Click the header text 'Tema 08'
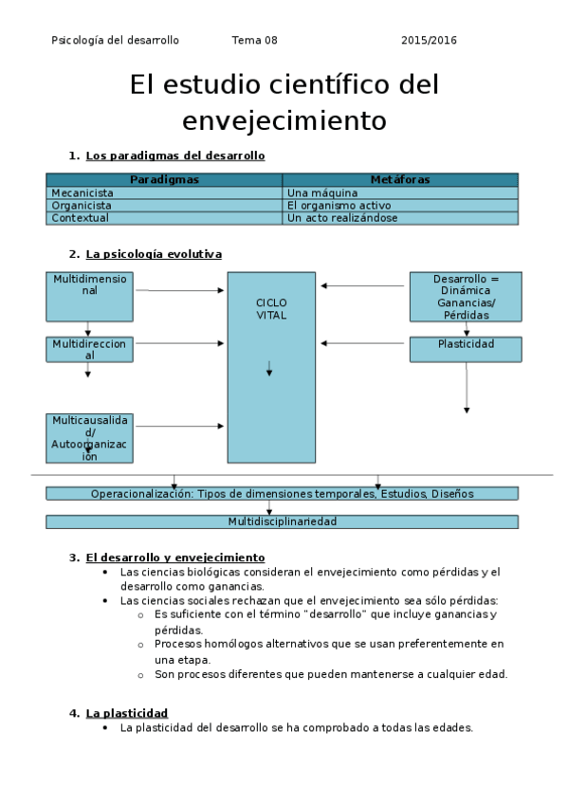pyautogui.click(x=254, y=40)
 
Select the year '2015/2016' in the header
pyautogui.click(x=429, y=40)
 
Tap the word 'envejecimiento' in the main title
pyautogui.click(x=284, y=120)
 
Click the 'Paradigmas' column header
pyautogui.click(x=164, y=179)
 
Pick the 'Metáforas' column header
pyautogui.click(x=400, y=179)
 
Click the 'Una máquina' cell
pyautogui.click(x=321, y=192)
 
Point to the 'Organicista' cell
pyautogui.click(x=82, y=205)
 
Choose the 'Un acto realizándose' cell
pyautogui.click(x=341, y=217)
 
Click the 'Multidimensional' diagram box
pyautogui.click(x=90, y=296)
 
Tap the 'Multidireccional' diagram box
pyautogui.click(x=89, y=349)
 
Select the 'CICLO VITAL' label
pyautogui.click(x=271, y=308)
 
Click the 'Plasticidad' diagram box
pyautogui.click(x=466, y=349)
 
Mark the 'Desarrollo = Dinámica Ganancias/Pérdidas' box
pyautogui.click(x=466, y=297)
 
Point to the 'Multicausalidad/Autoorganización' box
pyautogui.click(x=89, y=437)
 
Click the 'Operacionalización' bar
pyautogui.click(x=282, y=493)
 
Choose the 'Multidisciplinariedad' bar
pyautogui.click(x=282, y=521)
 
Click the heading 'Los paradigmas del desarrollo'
pyautogui.click(x=174, y=155)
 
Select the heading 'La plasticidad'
pyautogui.click(x=126, y=712)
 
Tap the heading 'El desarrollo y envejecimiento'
pyautogui.click(x=174, y=557)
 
